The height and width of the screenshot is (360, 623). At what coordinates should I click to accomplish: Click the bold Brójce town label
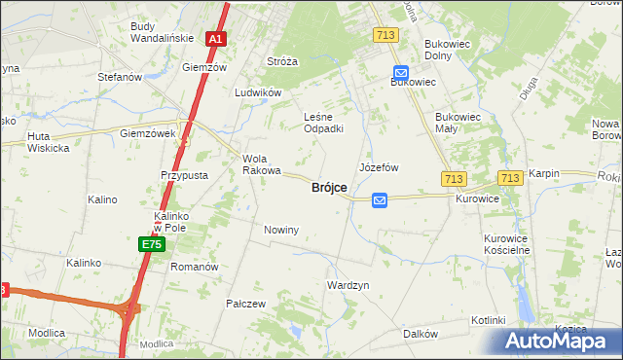329,188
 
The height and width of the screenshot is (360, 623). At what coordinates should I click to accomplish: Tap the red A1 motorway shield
216,40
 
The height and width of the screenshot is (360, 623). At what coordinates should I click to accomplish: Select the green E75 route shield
150,244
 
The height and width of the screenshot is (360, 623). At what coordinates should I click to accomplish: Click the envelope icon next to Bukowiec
401,72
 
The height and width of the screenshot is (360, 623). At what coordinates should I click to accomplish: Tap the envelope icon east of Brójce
380,199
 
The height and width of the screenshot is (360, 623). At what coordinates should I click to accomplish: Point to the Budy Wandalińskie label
158,33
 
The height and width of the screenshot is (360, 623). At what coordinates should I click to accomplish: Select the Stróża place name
282,60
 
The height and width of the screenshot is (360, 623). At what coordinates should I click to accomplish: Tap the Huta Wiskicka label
49,142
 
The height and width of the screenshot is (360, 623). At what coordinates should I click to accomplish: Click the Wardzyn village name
348,285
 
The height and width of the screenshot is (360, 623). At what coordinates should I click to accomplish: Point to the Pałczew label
246,304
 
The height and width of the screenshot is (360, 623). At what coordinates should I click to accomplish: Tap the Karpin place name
544,173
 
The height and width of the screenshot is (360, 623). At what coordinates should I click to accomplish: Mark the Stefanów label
121,76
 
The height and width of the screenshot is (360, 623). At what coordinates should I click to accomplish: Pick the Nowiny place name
281,230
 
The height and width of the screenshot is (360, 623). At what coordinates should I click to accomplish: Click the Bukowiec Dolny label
448,51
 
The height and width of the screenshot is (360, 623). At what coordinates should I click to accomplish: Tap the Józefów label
380,167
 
